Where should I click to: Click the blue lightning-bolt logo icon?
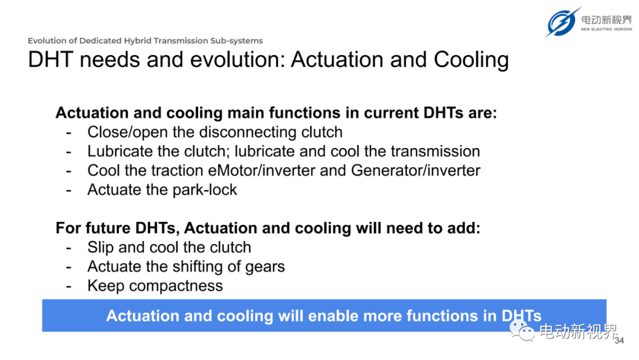pos(563,21)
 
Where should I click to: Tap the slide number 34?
pos(619,340)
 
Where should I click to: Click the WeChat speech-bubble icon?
pos(522,330)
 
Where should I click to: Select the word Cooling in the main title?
pos(471,60)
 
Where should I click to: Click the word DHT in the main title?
pos(51,60)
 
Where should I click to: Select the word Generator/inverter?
pos(416,171)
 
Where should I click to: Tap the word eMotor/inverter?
pos(262,171)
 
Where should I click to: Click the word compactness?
pos(176,286)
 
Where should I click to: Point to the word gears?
pos(265,267)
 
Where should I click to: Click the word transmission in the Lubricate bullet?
pos(435,151)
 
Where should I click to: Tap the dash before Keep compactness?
pos(69,286)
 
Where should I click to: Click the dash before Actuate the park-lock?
pos(69,191)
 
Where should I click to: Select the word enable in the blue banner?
pos(331,316)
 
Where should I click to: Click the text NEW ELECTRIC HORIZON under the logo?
pos(606,30)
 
